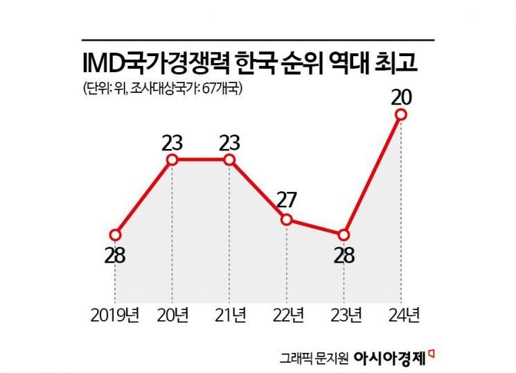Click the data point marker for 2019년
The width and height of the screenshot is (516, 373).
(x=116, y=234)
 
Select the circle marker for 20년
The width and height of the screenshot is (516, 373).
(x=172, y=160)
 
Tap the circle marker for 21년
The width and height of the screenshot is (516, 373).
(x=230, y=160)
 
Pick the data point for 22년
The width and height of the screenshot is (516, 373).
(x=287, y=220)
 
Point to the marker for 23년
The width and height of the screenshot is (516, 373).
(x=344, y=234)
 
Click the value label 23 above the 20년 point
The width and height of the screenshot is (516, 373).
(x=172, y=142)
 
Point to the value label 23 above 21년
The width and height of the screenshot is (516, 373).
(x=230, y=142)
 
